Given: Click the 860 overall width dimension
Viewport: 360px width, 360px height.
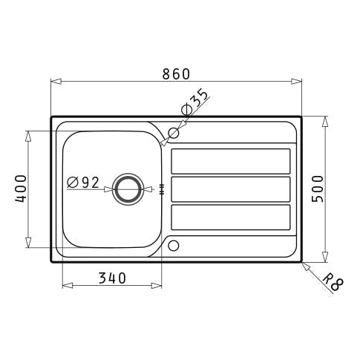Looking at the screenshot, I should (x=177, y=73).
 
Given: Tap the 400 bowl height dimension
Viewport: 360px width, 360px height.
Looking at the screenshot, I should (x=20, y=189).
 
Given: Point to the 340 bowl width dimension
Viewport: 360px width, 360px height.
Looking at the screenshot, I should (x=111, y=278).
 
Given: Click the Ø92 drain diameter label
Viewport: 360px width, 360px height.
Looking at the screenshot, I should (x=83, y=182).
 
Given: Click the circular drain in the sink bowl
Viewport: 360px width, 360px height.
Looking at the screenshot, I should (x=130, y=189).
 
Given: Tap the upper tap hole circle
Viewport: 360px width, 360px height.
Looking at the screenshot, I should (x=174, y=134).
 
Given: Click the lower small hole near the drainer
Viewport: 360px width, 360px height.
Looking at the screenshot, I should (x=174, y=245).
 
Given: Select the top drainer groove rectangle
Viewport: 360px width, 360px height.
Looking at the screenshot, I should (x=230, y=161).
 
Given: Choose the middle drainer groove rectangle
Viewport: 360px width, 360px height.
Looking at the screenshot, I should (x=230, y=189).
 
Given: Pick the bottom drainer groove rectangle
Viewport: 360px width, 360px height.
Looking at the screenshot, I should (x=230, y=217).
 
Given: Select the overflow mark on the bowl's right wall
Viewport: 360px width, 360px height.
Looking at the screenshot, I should (x=161, y=190).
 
